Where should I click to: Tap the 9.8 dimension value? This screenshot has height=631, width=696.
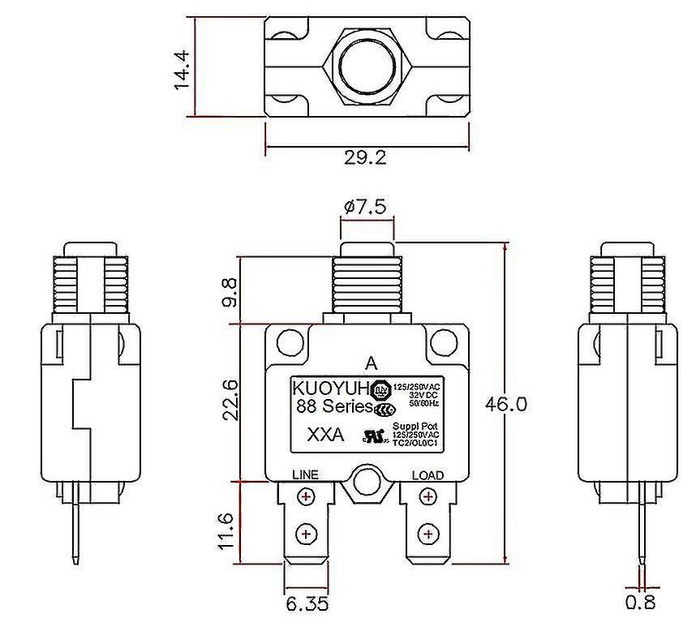(x=231, y=292)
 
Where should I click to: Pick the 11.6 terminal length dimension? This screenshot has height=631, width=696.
(x=231, y=530)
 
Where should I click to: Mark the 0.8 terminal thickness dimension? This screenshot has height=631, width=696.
(x=640, y=603)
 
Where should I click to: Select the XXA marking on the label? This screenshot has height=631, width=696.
(x=325, y=435)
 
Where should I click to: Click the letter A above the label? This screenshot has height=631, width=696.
(x=371, y=362)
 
